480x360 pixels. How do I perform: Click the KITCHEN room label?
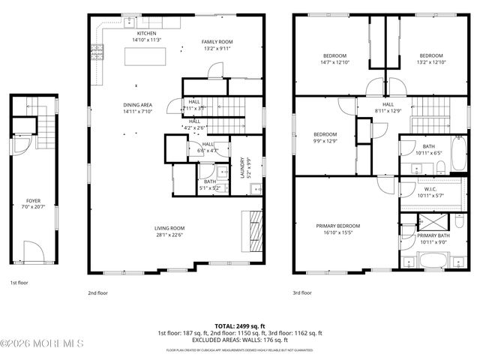click(145, 34)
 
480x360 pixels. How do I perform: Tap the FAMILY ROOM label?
click(218, 41)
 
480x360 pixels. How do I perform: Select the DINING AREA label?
click(138, 105)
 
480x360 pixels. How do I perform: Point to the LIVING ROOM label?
click(170, 228)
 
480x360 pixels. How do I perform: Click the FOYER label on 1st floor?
click(34, 201)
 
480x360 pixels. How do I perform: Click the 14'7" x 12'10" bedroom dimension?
click(334, 62)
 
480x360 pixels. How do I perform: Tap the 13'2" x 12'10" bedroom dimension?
click(430, 62)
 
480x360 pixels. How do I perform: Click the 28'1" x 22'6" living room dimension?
click(170, 235)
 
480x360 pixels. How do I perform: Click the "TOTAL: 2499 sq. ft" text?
click(240, 326)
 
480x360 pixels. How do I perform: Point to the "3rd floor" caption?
click(301, 293)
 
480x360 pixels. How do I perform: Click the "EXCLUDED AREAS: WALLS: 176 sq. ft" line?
click(240, 339)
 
